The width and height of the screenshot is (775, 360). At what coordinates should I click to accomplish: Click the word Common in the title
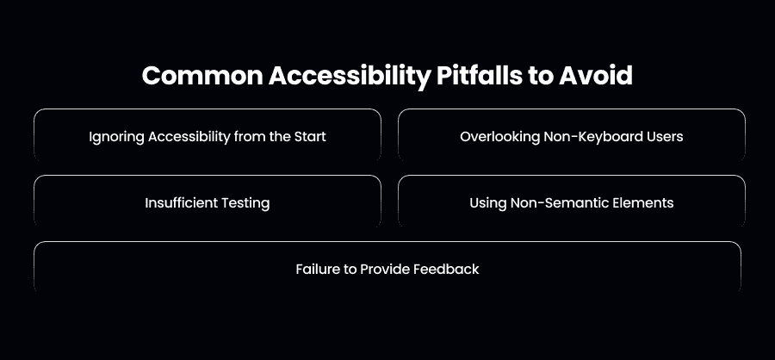pyautogui.click(x=202, y=76)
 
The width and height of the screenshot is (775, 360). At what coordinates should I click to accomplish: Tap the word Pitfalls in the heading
pyautogui.click(x=479, y=76)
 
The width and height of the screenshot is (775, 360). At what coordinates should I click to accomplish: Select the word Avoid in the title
pyautogui.click(x=596, y=76)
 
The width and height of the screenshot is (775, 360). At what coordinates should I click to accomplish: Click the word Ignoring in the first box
pyautogui.click(x=116, y=137)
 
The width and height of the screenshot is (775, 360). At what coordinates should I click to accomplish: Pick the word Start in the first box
pyautogui.click(x=310, y=136)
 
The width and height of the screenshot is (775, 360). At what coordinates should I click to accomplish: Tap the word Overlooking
pyautogui.click(x=499, y=137)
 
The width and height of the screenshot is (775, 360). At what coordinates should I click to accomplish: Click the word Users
pyautogui.click(x=666, y=136)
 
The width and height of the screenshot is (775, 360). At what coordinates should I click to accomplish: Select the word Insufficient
pyautogui.click(x=181, y=202)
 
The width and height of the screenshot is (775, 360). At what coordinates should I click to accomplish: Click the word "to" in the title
pyautogui.click(x=540, y=77)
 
